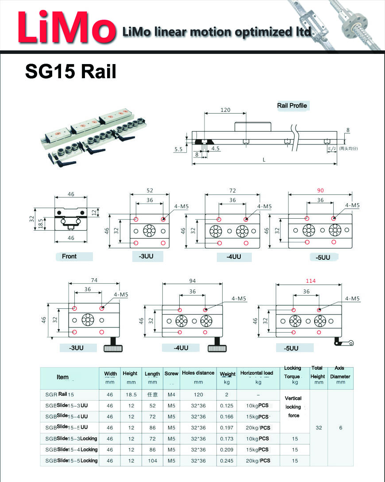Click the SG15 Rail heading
click(71, 71)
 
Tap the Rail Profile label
click(292, 106)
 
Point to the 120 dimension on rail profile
click(226, 110)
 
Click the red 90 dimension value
click(320, 190)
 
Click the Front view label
click(69, 256)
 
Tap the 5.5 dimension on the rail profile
click(178, 149)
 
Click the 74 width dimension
click(94, 280)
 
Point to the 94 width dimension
click(192, 281)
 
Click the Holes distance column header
click(198, 373)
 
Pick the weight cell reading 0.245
click(227, 460)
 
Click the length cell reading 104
click(152, 460)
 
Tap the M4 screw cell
click(171, 395)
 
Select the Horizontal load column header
click(257, 373)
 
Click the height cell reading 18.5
click(131, 395)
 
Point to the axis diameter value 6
click(341, 428)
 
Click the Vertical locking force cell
click(294, 406)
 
